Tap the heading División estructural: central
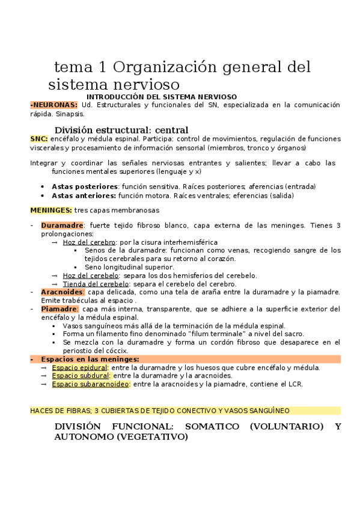pos(121,130)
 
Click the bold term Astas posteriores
pos(84,186)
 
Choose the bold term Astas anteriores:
pos(84,195)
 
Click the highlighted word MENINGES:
pos(51,210)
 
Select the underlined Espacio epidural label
pos(79,367)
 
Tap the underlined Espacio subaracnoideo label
pos(90,384)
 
